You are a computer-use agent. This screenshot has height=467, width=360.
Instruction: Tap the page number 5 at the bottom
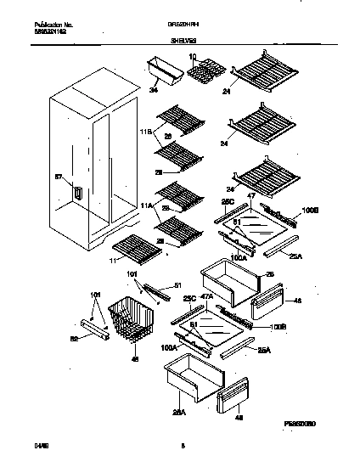coord(183,456)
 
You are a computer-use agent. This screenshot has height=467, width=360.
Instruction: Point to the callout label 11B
coord(144,132)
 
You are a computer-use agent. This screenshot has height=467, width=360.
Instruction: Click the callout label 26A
coord(178,414)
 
